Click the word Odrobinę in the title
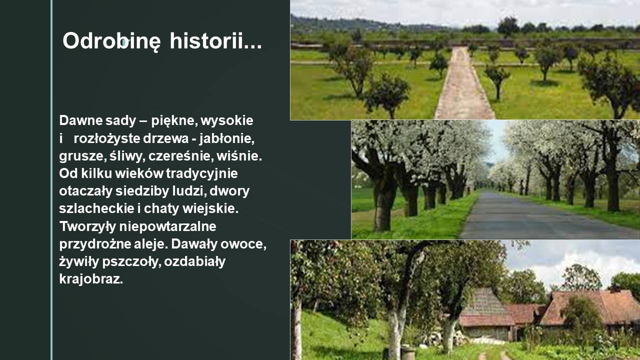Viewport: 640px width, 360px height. (x=111, y=41)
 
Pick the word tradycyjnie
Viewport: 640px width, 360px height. (x=201, y=173)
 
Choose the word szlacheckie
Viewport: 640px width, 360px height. (x=96, y=208)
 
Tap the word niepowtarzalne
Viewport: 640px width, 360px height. (x=167, y=227)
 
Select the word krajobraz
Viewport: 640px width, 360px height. (x=91, y=279)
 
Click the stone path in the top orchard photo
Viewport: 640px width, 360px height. (x=462, y=85)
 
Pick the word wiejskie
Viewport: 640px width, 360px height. (x=210, y=209)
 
